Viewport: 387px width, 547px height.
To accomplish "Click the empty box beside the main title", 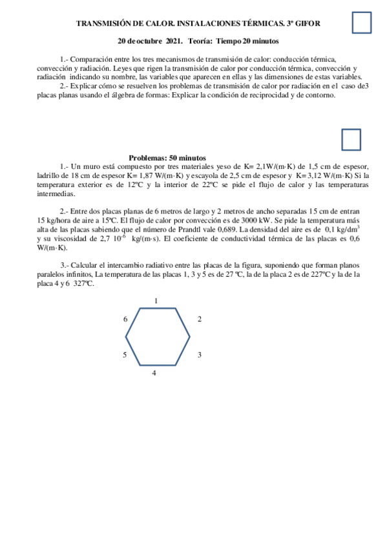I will tap(362, 23).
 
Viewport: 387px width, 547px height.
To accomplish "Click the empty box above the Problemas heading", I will tap(350, 139).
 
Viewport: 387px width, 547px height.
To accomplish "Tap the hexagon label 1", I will tap(156, 301).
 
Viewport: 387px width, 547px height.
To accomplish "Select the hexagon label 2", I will tap(200, 319).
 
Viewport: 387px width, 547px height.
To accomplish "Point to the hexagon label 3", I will tap(200, 355).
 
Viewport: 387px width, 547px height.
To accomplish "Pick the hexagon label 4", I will tap(154, 373).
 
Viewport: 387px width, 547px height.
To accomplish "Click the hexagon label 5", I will tap(125, 355).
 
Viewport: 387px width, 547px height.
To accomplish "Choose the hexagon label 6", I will tap(125, 319).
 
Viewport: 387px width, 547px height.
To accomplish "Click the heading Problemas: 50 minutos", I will tap(167, 157).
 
